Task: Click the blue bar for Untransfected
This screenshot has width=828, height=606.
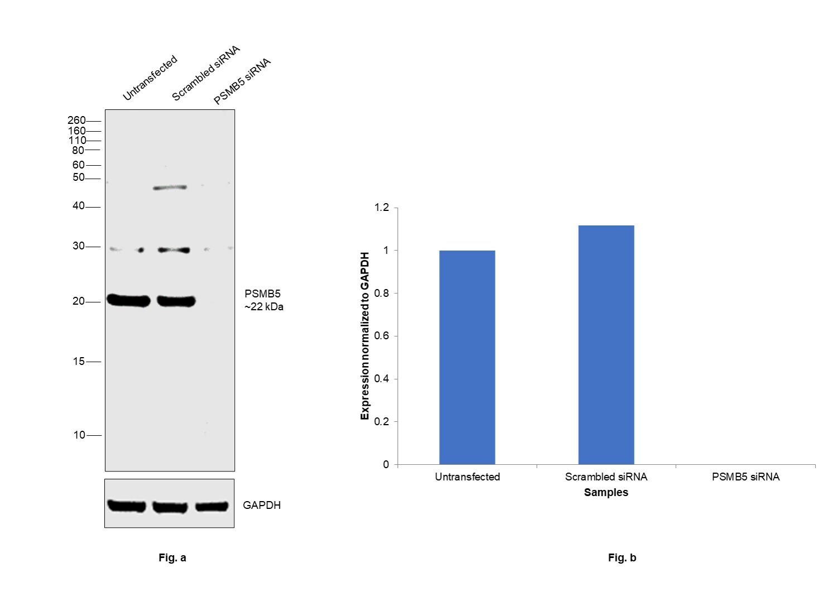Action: pos(467,357)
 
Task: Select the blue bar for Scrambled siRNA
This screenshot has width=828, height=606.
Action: pos(606,345)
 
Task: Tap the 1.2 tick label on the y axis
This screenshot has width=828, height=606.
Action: pos(382,208)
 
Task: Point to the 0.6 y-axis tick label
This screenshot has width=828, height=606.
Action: pos(382,336)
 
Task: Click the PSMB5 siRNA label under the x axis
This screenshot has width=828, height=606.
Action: pos(745,477)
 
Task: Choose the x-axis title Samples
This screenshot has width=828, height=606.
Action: pos(606,493)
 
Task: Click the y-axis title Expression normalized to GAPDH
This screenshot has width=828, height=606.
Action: pos(365,336)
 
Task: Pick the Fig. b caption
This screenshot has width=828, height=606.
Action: pos(622,558)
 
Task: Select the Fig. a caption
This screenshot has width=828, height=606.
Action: pos(172,558)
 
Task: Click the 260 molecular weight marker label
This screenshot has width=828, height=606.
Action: pos(76,121)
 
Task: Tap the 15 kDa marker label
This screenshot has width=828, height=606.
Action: pos(79,362)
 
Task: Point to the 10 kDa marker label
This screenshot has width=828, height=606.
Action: pos(79,435)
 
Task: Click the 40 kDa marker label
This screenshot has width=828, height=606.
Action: pos(79,206)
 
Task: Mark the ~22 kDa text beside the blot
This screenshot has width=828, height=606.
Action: pos(264,307)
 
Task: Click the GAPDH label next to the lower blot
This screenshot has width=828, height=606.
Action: pos(262,506)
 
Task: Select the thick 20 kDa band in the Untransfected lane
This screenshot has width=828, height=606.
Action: pos(128,301)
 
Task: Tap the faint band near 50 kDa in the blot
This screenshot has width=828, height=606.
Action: pos(170,187)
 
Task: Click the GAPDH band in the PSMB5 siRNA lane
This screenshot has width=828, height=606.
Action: pos(212,507)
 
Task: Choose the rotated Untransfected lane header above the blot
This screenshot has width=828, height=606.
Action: pos(150,78)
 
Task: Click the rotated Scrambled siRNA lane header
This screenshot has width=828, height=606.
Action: pos(205,74)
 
